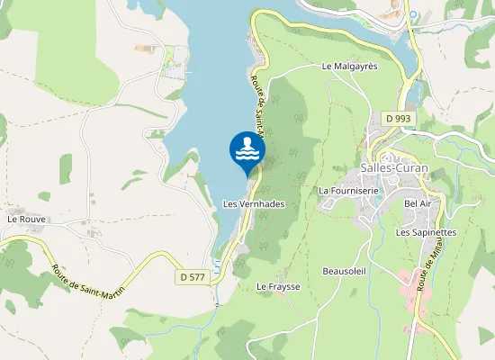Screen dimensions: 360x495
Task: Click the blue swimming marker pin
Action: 247,151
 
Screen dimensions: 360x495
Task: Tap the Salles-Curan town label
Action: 393,168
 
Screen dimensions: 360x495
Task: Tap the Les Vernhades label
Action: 254,204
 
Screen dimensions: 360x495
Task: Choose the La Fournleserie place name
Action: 347,191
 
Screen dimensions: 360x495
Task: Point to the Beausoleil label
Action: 343,270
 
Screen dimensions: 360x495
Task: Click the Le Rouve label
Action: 26,219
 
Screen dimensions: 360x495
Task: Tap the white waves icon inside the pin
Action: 247,149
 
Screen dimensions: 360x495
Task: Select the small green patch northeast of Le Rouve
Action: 66,168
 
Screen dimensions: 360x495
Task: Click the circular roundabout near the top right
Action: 413,15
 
